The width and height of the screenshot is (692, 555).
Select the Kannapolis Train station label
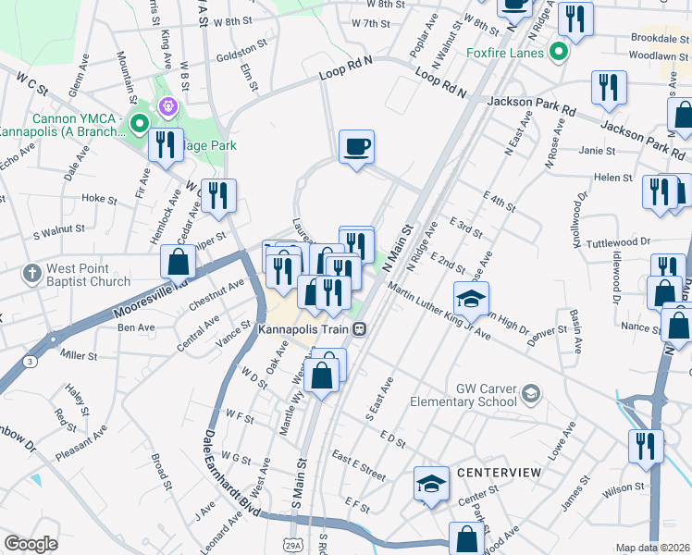click(305, 329)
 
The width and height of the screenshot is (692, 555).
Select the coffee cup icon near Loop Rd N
click(356, 147)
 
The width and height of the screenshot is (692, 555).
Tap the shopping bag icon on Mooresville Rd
click(178, 263)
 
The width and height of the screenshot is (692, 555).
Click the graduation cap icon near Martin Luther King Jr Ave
click(470, 299)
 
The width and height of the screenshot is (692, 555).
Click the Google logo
click(31, 544)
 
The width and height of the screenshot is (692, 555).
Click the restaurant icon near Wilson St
click(645, 445)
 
